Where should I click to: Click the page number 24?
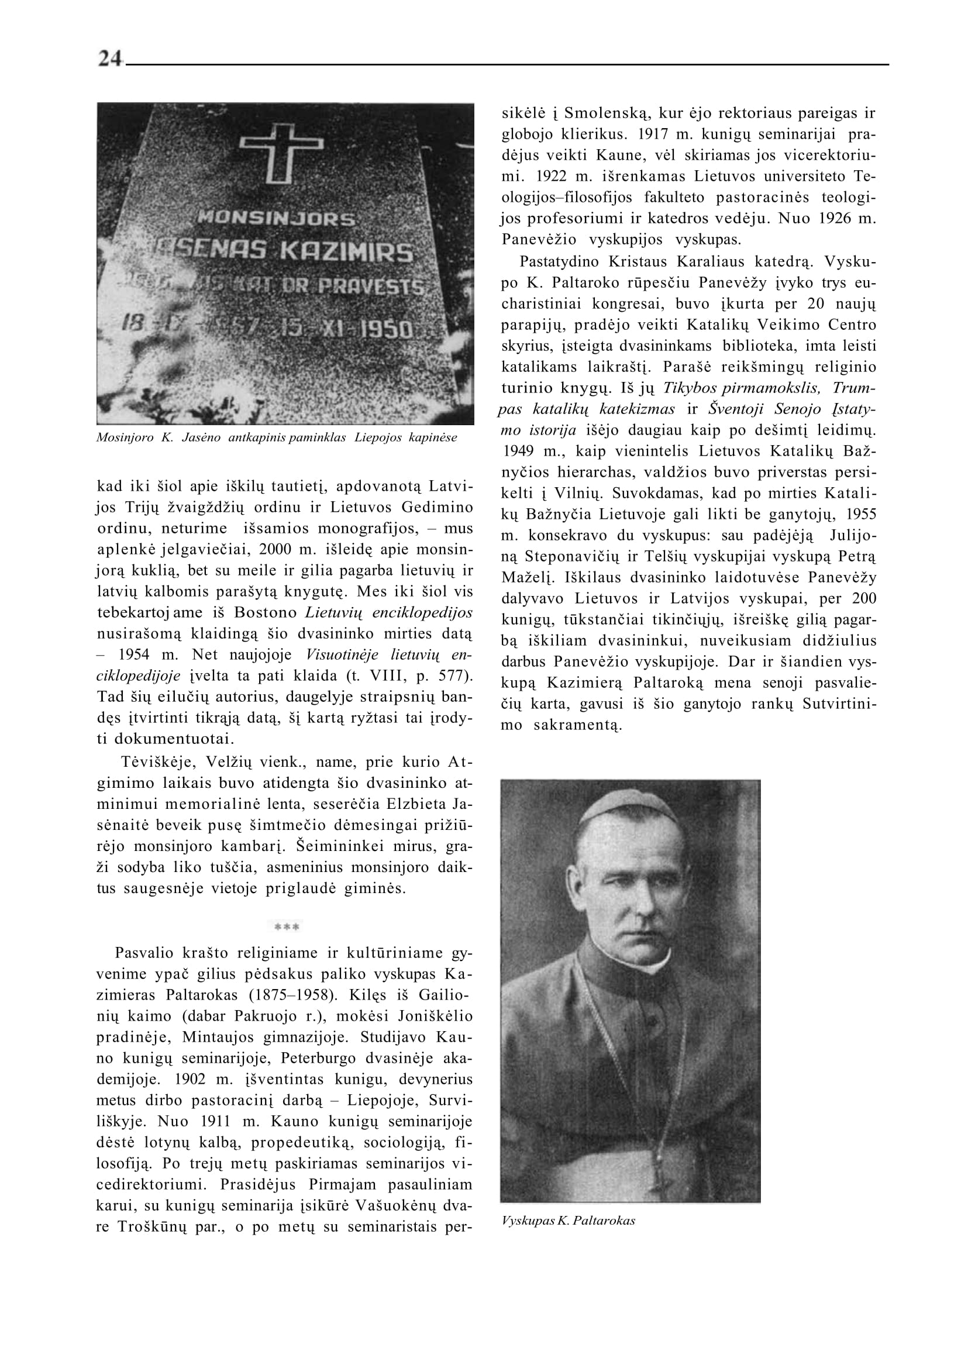pos(111,58)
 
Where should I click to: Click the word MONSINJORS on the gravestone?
pos(276,219)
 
